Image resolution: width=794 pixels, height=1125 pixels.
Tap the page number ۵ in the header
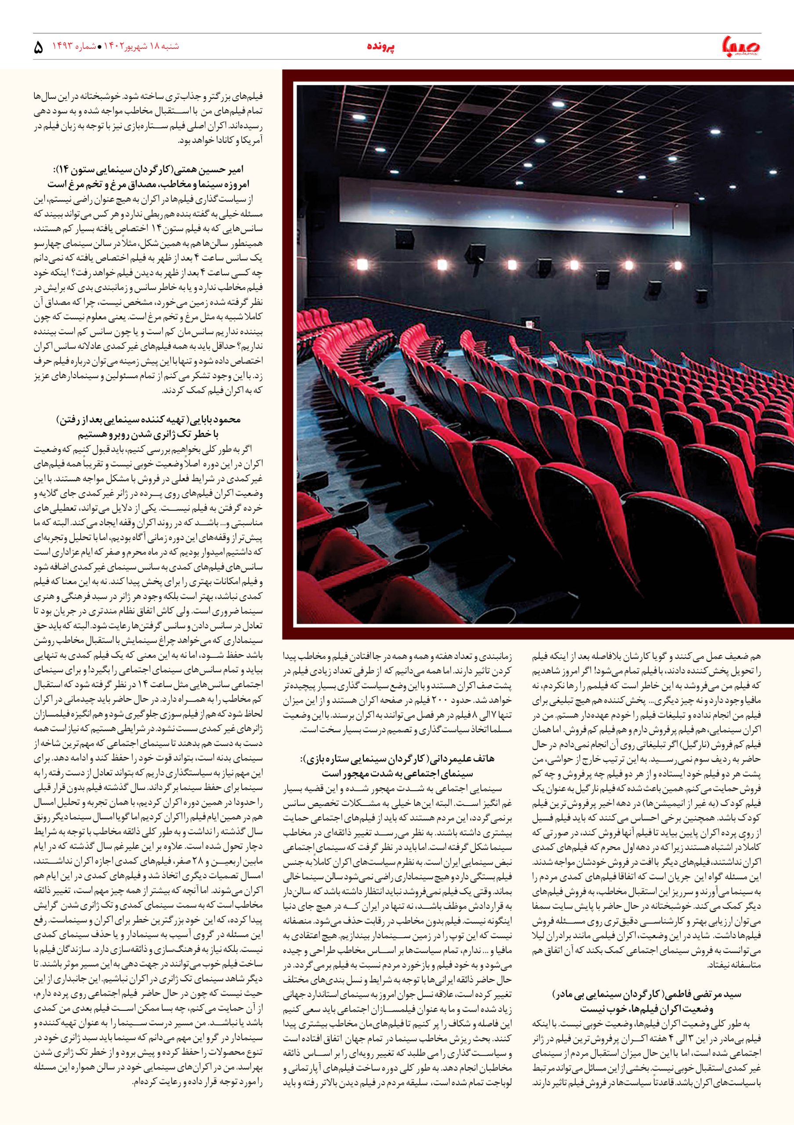click(x=38, y=47)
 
